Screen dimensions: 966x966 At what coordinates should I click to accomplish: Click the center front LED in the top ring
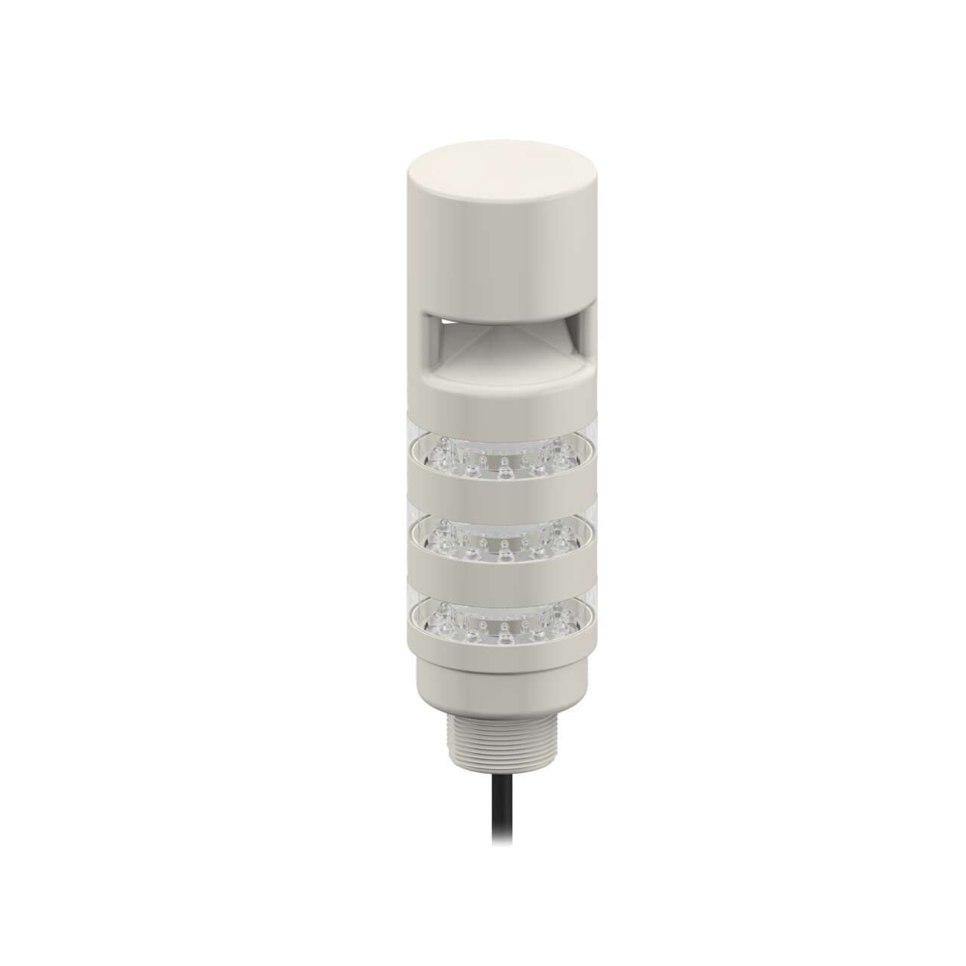coord(503,471)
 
